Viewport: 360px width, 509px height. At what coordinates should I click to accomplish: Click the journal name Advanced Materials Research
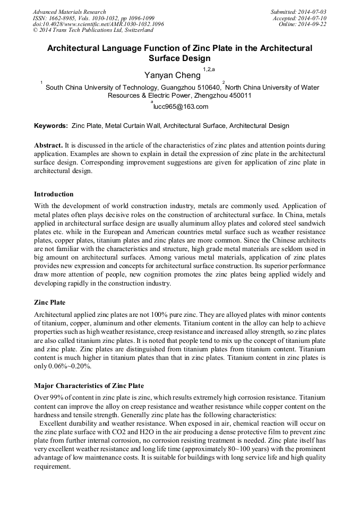pos(69,12)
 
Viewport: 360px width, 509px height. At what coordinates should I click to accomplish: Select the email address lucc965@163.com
pos(181,107)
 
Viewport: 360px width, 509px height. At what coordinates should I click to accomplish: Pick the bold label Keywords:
pos(51,126)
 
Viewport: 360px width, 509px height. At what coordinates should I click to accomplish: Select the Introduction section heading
pos(54,194)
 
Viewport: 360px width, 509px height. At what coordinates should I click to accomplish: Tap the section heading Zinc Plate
pos(50,303)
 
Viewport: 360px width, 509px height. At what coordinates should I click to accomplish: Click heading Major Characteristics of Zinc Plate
pos(89,385)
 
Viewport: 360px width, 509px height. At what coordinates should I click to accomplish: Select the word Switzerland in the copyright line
pos(137,31)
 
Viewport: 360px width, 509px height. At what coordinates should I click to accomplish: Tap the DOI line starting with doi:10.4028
pos(98,24)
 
